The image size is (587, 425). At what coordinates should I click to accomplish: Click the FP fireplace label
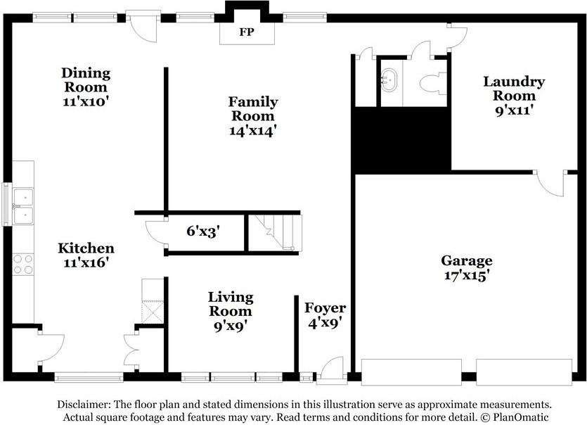pos(247,32)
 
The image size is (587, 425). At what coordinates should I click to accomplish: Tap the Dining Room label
pos(86,80)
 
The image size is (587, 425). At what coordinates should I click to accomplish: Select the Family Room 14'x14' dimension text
pos(252,131)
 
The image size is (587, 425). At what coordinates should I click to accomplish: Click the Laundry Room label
pos(514,89)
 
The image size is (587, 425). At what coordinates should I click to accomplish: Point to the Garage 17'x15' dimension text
pos(467,275)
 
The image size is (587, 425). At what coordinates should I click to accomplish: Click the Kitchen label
pos(86,248)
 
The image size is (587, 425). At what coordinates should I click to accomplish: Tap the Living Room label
pos(231,304)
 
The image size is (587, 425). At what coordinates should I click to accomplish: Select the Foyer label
pos(325,308)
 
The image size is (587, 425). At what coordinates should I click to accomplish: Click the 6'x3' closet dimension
pos(203,231)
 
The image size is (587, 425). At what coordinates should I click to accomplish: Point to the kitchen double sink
pos(23,205)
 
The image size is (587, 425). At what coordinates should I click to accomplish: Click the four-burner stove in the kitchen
pos(23,265)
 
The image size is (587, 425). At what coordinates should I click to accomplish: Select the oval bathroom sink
pos(389,80)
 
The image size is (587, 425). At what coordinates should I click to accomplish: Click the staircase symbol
pos(276,233)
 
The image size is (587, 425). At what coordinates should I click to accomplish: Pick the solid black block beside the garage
pos(402,141)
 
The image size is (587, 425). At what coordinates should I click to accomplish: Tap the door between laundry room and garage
pos(550,182)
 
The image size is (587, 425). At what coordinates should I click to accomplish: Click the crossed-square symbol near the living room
pos(153,312)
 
